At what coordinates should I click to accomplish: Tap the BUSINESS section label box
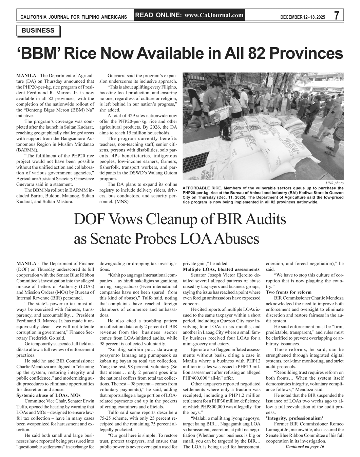pos(38,31)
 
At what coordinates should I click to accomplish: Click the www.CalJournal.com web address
pos(214,15)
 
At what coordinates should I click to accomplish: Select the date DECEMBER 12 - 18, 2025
pos(303,17)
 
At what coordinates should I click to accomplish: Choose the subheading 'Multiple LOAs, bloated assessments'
pos(221,269)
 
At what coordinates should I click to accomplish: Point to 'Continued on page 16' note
pos(305,446)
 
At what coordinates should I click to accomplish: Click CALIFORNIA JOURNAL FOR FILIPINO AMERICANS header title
pos(74,17)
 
